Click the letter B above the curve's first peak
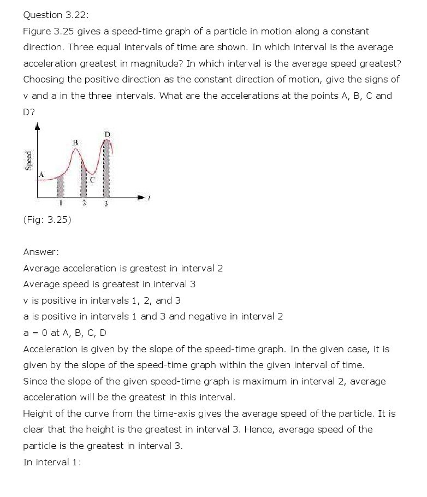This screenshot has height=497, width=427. pos(75,143)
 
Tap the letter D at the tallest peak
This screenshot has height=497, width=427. pos(107,134)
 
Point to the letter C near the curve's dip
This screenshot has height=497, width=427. pos(92,179)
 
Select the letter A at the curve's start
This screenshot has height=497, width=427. pos(40,174)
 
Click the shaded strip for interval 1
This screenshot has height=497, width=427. pos(61,186)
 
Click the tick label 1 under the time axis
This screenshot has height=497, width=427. pos(61,204)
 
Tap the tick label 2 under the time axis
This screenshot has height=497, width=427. pos(84,204)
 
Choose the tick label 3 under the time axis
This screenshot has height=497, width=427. pos(106,204)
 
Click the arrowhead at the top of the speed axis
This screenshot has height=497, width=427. pos(37,128)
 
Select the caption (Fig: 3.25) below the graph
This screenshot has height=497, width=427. pos(47,220)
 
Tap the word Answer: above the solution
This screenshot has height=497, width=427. pos(41,252)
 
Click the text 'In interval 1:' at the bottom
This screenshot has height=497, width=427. pos(52,461)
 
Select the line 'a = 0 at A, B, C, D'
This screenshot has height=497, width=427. pos(65,333)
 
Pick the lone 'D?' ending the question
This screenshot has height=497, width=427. pos(29,111)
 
